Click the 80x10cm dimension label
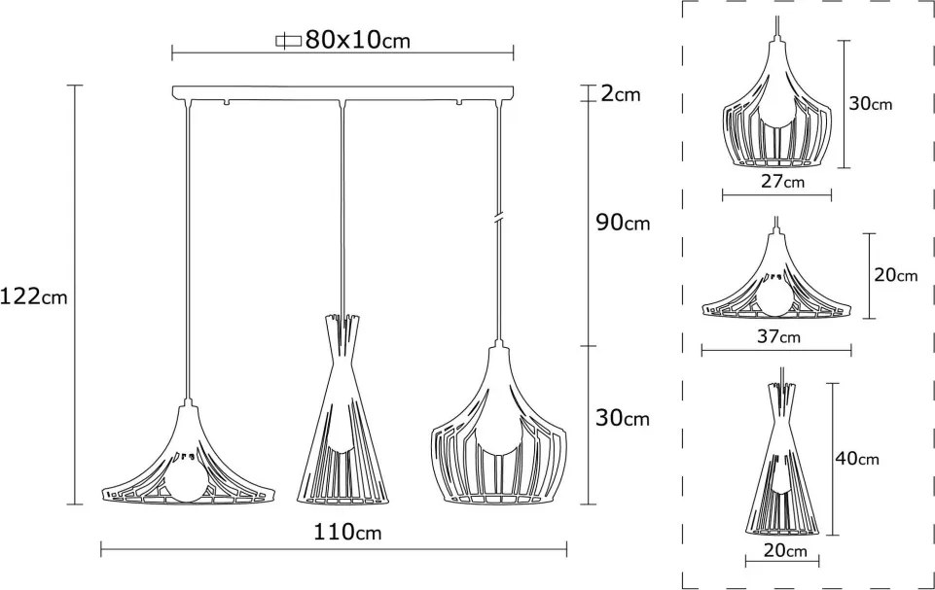357,40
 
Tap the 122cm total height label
33,295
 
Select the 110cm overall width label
347,532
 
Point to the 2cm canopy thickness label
620,93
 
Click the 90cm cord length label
623,223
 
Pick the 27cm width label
782,181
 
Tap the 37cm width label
778,336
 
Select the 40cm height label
857,458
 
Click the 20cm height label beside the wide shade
896,275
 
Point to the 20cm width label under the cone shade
785,550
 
